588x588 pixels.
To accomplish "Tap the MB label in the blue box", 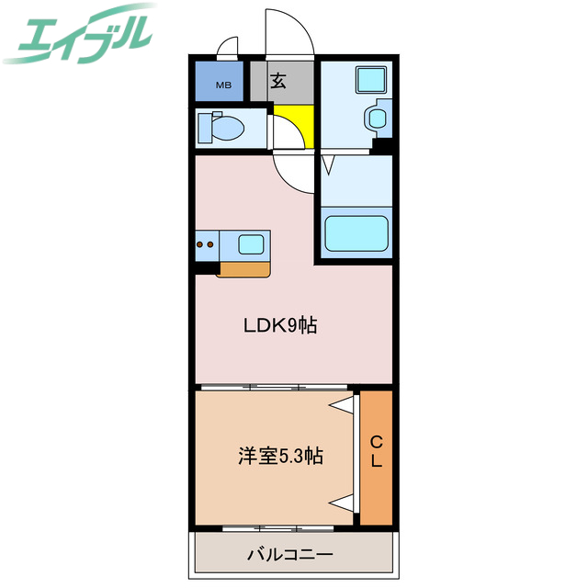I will (223, 86).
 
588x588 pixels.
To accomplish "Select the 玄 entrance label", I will (278, 81).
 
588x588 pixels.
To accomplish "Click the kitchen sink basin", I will (251, 245).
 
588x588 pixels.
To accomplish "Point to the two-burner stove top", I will (207, 245).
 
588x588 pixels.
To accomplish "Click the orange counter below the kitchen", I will (244, 268).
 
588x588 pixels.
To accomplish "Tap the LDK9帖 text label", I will (280, 325).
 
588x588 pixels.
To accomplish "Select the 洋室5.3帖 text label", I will (281, 456).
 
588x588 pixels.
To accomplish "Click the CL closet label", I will (377, 452).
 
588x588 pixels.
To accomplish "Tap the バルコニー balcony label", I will (289, 555).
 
